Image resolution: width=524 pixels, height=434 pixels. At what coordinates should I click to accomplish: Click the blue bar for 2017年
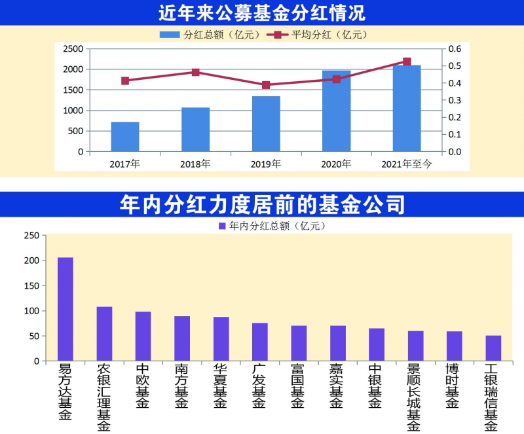click(x=125, y=137)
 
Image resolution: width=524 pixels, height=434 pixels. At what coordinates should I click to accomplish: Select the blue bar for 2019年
click(x=266, y=124)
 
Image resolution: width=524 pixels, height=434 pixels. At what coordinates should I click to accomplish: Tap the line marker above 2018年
click(x=196, y=72)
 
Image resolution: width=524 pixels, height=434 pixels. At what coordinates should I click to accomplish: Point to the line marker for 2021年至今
click(x=407, y=62)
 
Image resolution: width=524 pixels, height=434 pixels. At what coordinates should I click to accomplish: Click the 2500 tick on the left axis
click(x=73, y=49)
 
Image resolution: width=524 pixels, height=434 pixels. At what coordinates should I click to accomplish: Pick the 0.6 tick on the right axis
click(x=455, y=49)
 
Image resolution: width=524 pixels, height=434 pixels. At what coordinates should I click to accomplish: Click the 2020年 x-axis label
click(x=337, y=164)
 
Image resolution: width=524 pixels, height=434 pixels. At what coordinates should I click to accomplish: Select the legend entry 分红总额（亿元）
click(x=210, y=34)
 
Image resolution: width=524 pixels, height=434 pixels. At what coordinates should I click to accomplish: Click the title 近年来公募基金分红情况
click(x=262, y=12)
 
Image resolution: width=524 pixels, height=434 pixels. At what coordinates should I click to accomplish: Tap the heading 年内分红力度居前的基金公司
click(x=262, y=204)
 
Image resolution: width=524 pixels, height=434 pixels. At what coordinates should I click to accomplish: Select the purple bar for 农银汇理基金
click(x=105, y=334)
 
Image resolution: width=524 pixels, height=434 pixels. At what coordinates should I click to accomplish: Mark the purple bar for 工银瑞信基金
click(x=493, y=348)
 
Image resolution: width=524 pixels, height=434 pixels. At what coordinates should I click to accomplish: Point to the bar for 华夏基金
click(x=221, y=339)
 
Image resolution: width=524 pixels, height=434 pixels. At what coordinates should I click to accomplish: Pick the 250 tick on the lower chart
click(x=31, y=236)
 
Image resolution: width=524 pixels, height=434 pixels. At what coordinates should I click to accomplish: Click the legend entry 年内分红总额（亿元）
click(x=271, y=226)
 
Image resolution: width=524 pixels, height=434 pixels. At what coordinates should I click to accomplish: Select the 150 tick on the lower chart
click(x=31, y=286)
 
